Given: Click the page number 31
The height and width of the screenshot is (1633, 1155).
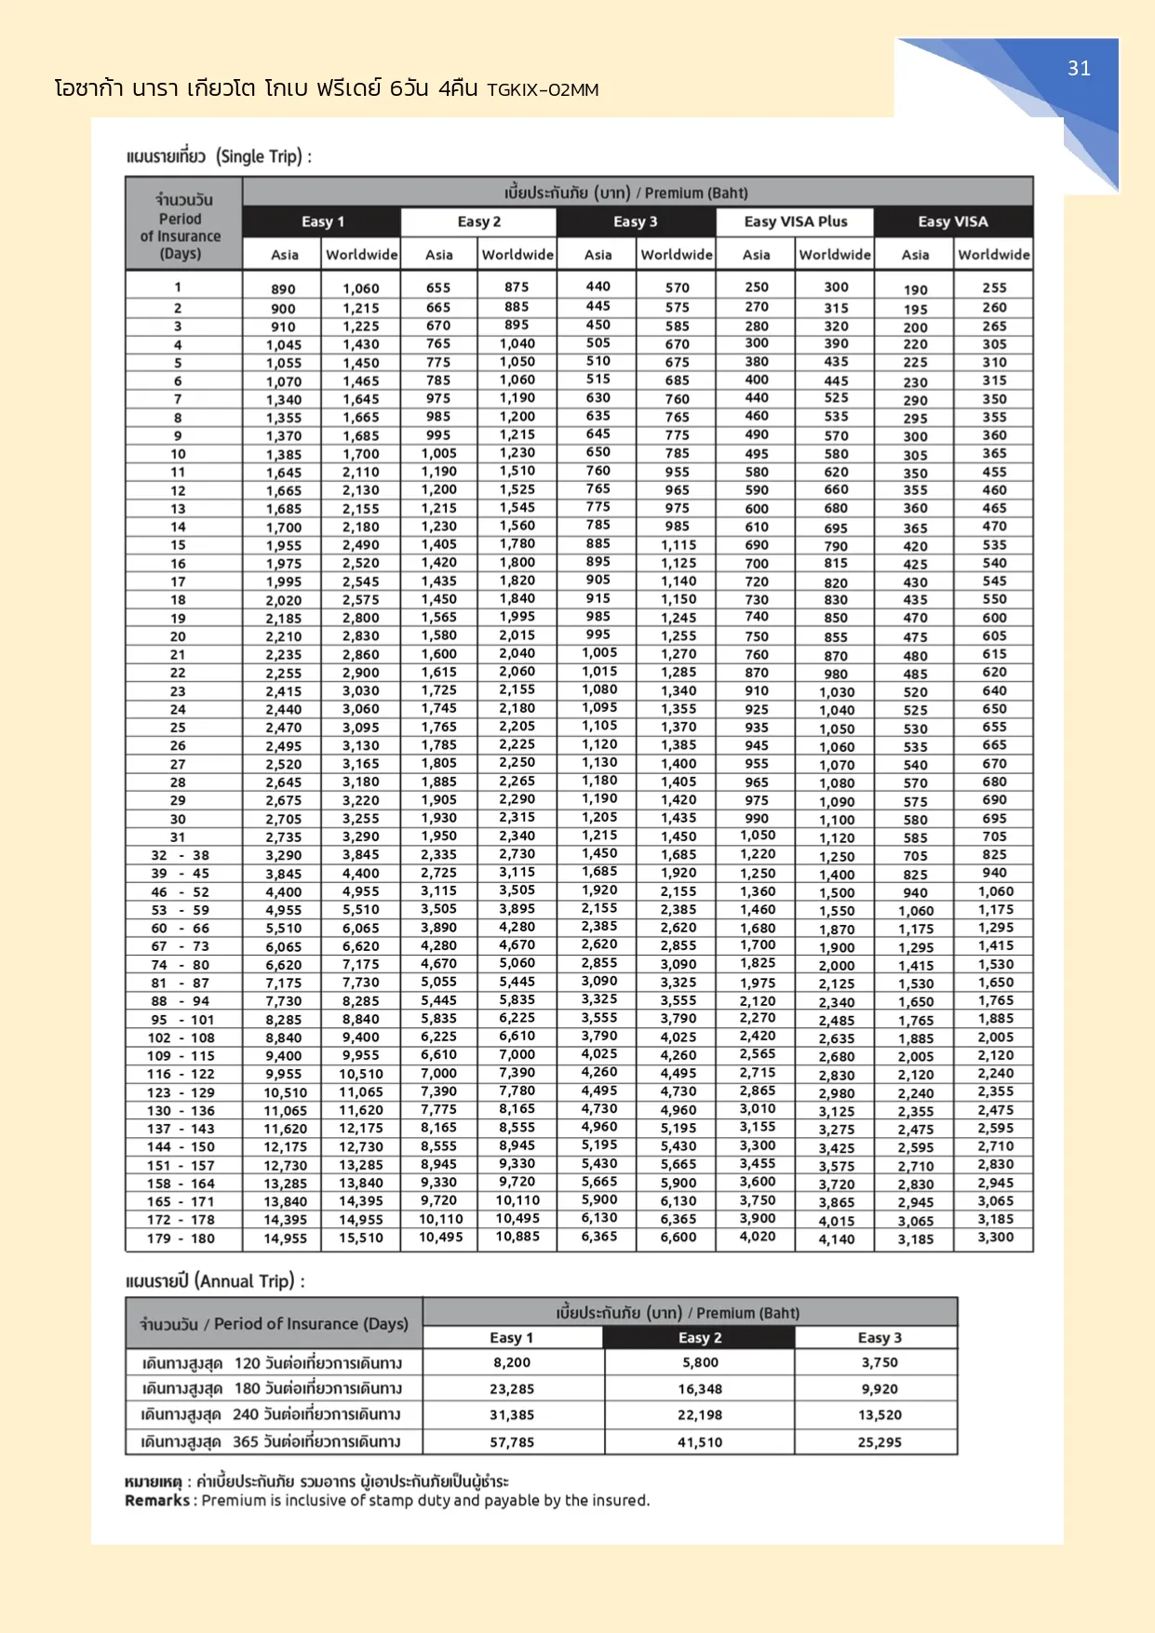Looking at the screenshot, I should (x=1079, y=69).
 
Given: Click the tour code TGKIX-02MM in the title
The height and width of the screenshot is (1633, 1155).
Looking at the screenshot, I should (x=543, y=90).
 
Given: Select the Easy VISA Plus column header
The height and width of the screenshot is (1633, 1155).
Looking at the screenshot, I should (x=796, y=221).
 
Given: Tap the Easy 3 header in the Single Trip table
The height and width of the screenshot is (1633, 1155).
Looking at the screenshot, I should (x=636, y=221).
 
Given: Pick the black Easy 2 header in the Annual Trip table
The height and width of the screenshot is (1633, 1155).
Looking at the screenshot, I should (x=700, y=1338).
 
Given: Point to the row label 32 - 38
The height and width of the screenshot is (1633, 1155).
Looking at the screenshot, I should (x=181, y=855).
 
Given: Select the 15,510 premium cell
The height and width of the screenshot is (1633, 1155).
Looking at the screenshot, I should (x=360, y=1238).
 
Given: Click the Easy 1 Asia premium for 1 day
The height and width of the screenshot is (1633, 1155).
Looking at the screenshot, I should (x=283, y=289).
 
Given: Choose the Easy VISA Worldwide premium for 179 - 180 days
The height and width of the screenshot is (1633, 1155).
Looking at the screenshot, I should (x=995, y=1238).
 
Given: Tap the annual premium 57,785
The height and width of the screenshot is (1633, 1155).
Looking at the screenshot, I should (x=512, y=1442).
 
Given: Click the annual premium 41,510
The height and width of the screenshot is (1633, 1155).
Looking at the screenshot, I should (x=700, y=1442).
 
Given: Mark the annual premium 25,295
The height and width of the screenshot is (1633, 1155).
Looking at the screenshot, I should (x=880, y=1442).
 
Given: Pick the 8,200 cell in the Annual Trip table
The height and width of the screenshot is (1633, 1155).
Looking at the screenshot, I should (x=512, y=1363).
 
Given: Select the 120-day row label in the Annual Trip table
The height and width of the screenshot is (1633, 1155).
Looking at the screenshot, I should (x=272, y=1363).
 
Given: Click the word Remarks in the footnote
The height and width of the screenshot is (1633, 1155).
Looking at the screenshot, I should (x=157, y=1501).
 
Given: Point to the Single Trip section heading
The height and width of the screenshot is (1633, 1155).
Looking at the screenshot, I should (x=219, y=156).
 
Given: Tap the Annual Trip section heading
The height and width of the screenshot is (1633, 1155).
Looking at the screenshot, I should (x=215, y=1281).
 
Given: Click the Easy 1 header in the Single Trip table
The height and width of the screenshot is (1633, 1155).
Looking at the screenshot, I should (x=323, y=221).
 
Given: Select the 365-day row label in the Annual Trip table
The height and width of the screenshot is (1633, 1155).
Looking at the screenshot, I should (x=271, y=1442).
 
